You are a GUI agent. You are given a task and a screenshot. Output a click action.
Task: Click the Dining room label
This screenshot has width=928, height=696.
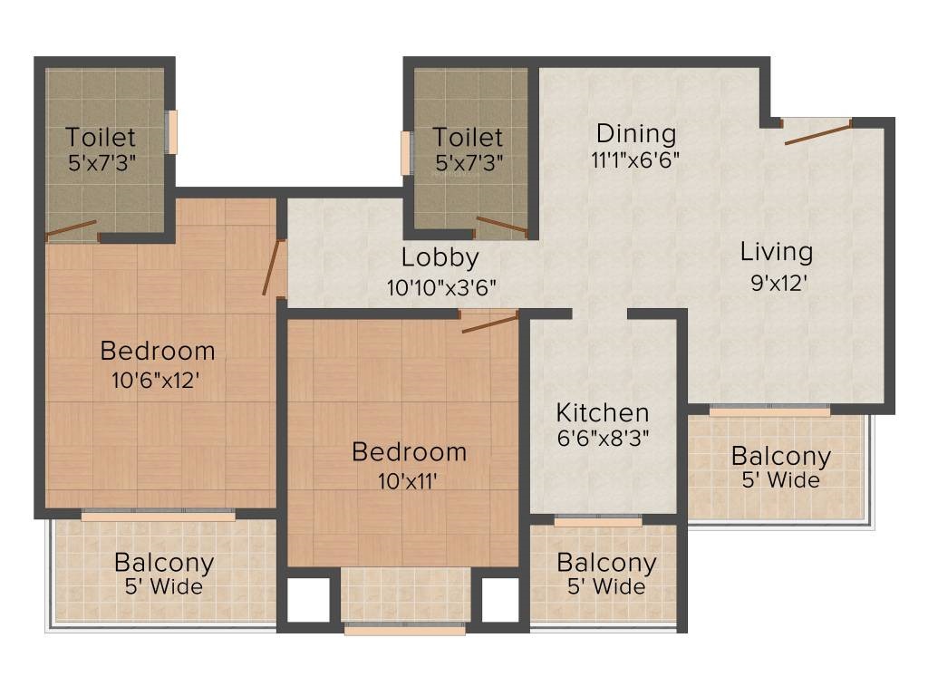click(x=636, y=134)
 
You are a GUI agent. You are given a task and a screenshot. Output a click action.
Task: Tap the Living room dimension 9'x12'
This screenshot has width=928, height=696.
click(x=776, y=281)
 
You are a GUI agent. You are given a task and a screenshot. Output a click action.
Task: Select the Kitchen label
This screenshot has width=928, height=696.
click(x=603, y=412)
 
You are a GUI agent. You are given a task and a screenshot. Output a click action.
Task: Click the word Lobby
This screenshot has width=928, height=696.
click(x=440, y=257)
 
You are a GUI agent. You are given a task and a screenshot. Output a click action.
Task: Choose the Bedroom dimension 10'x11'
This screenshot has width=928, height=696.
click(x=409, y=479)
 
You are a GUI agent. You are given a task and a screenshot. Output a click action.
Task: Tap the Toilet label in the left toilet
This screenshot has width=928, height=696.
click(x=101, y=138)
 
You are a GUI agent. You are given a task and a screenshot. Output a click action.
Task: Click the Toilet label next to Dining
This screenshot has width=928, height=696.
click(x=468, y=138)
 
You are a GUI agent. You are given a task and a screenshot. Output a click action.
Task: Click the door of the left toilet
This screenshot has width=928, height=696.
click(x=72, y=229)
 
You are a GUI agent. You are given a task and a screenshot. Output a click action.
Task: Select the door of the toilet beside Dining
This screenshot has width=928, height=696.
click(x=502, y=225)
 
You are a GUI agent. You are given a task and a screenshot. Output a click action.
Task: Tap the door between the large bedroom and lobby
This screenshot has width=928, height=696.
click(x=273, y=268)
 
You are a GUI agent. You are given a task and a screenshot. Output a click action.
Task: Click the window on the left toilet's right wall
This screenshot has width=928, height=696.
click(x=171, y=132)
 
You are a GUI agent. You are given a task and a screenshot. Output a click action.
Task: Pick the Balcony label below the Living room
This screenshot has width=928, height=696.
click(x=780, y=456)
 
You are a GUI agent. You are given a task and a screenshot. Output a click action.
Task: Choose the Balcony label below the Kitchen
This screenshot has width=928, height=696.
click(x=606, y=563)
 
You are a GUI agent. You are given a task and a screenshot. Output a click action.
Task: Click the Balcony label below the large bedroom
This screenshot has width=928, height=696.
click(x=164, y=563)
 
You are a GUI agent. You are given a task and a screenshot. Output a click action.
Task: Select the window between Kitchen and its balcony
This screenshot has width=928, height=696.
click(x=597, y=522)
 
